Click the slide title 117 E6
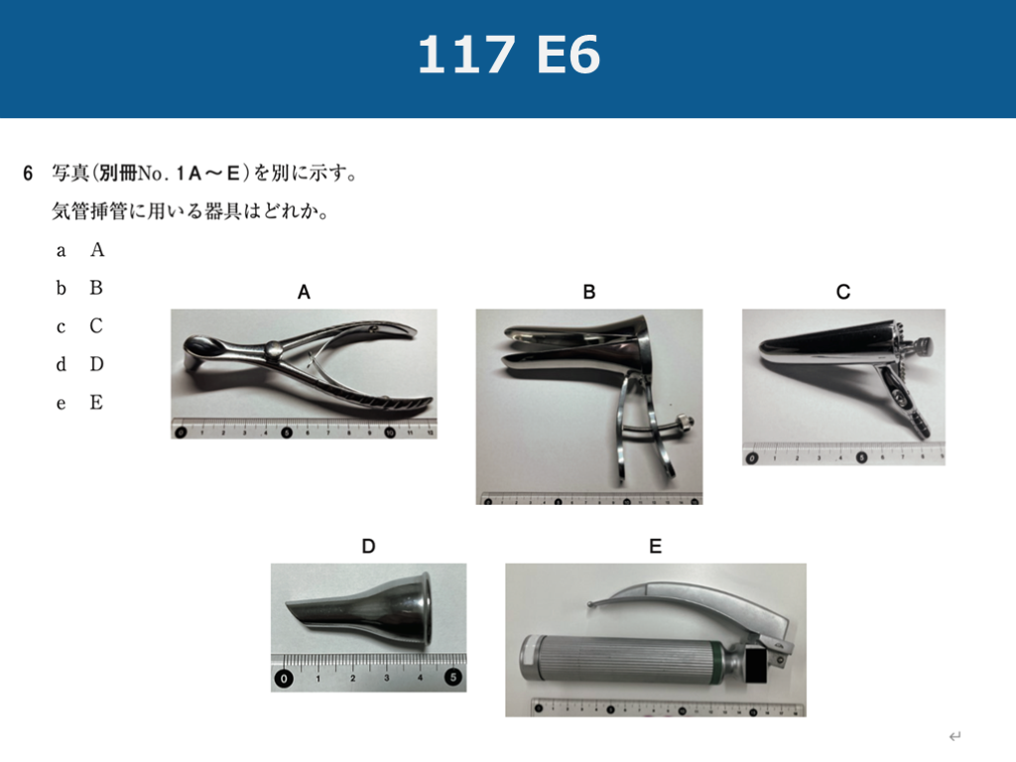(509, 55)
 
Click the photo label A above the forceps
(304, 293)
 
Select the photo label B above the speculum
(589, 293)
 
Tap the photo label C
(843, 293)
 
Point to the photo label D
(368, 547)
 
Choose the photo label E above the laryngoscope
(655, 547)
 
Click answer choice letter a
(61, 251)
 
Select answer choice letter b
(61, 288)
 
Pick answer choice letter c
(61, 327)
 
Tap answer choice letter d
(61, 364)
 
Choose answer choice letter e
(61, 405)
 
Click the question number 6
(28, 174)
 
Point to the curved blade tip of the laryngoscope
(592, 604)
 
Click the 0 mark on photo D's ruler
(284, 679)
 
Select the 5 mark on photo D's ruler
(452, 677)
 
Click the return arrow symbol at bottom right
(955, 736)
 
